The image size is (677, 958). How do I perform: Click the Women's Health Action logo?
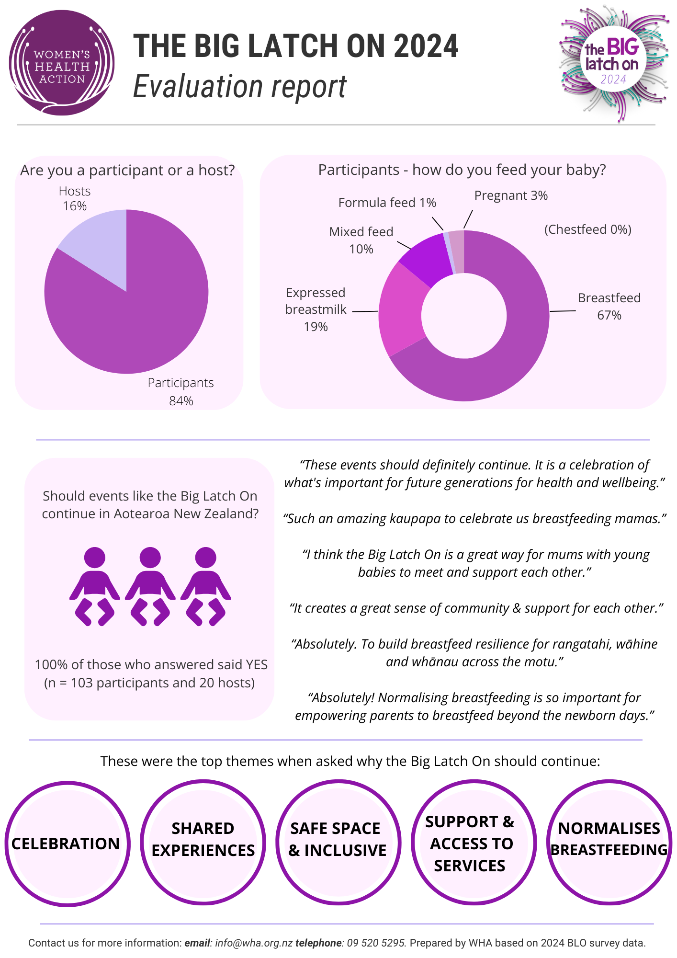(62, 63)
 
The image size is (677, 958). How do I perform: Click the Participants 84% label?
(181, 391)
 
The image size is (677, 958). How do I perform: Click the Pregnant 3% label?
(511, 195)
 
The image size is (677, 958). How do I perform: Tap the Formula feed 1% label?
(387, 203)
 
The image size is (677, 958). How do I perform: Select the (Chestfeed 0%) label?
(588, 229)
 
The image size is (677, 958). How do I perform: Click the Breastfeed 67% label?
(609, 307)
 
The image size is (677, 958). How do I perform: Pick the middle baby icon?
(150, 586)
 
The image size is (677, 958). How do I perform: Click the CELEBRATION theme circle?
(68, 844)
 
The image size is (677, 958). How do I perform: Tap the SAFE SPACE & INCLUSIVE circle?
(338, 843)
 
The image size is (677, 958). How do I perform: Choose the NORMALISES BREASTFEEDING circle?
(609, 843)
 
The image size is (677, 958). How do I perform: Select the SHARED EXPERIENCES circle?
(203, 843)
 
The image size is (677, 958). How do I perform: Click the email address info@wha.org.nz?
(254, 943)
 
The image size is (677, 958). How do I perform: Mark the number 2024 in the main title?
(426, 46)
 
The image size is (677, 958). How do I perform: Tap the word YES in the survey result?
(257, 665)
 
